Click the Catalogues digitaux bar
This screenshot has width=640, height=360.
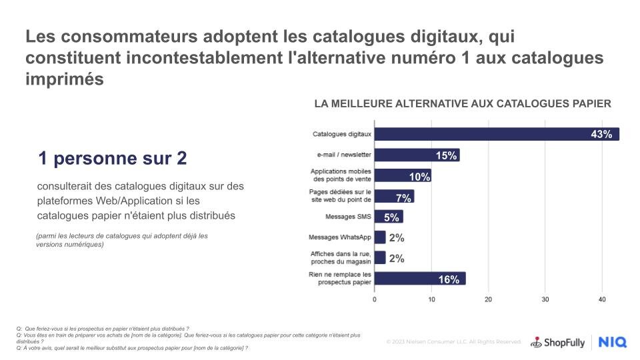(x=497, y=134)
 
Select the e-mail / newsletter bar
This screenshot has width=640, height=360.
(x=417, y=155)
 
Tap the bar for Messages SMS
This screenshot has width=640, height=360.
(x=389, y=217)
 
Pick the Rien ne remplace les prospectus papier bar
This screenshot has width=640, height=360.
(x=420, y=279)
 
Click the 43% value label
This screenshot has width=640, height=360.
(x=601, y=135)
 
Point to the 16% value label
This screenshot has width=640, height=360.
(x=449, y=279)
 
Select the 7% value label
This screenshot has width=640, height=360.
(x=403, y=197)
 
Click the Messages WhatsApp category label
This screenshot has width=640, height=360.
(x=340, y=238)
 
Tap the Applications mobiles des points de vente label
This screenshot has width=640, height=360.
(x=341, y=175)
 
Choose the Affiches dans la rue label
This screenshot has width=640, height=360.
(x=341, y=258)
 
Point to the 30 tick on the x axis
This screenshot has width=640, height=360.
(x=545, y=299)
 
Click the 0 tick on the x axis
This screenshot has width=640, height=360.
(x=375, y=299)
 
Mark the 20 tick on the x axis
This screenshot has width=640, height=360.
(x=489, y=299)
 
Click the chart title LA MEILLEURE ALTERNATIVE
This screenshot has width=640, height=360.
(x=463, y=104)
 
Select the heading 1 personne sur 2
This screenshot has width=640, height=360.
(x=113, y=159)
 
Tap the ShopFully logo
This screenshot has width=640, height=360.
(x=557, y=343)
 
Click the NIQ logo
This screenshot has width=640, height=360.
(x=612, y=343)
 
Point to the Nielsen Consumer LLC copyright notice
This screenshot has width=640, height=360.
(x=454, y=342)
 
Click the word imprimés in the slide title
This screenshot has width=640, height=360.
(x=65, y=79)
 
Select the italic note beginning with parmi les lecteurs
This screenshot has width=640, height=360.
(x=122, y=240)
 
